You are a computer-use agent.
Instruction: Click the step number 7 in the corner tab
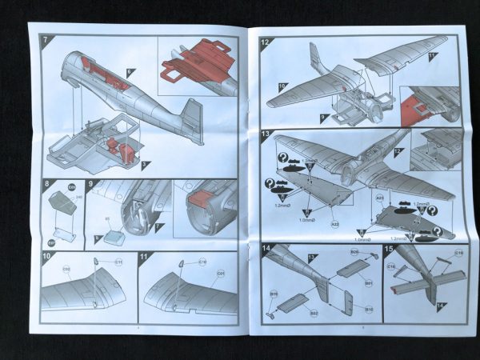click(46, 39)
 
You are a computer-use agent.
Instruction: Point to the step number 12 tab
click(266, 42)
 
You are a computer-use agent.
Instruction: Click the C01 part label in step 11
click(220, 272)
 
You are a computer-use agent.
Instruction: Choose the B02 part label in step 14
click(314, 313)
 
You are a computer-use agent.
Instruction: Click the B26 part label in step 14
click(354, 252)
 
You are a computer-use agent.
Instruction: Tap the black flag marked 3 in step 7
click(145, 166)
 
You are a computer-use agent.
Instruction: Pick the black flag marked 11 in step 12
click(433, 56)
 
